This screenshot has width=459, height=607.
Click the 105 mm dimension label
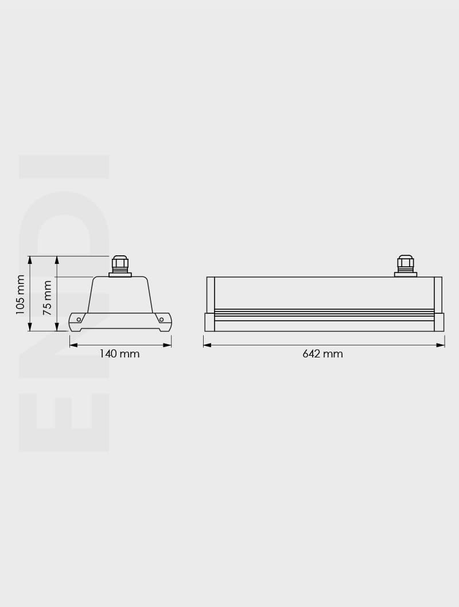[21, 294]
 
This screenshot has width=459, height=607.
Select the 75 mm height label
[48, 297]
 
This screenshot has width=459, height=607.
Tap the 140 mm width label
[119, 354]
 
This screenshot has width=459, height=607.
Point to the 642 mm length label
[322, 354]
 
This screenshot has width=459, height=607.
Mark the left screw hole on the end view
[79, 319]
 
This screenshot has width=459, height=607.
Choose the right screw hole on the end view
[161, 319]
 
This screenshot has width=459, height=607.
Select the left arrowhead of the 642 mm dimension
[207, 345]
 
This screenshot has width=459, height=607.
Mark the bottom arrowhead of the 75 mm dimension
[57, 327]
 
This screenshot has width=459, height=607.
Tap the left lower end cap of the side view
[209, 322]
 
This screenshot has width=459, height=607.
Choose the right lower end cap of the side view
[439, 322]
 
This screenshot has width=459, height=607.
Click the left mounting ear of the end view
[76, 322]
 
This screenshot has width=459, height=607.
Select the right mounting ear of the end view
[164, 322]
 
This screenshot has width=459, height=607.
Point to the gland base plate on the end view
[120, 275]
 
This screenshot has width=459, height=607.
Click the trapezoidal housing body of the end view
[120, 295]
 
